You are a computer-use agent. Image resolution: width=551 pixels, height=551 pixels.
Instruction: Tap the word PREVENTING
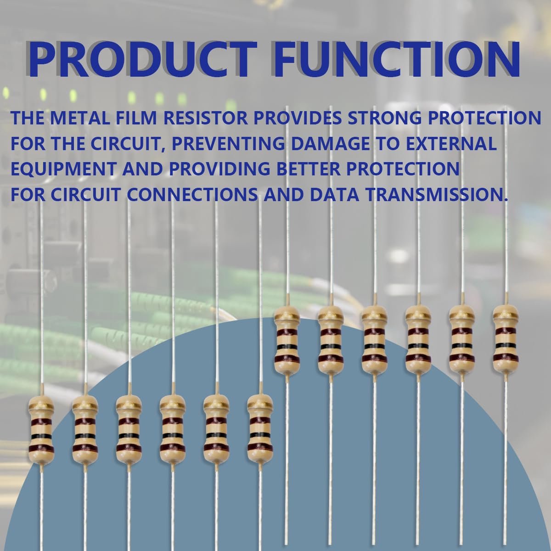[x=228, y=143]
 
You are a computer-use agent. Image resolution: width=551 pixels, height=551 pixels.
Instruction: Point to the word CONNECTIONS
[x=192, y=194]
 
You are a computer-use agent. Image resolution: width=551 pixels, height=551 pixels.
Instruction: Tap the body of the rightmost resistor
[x=506, y=339]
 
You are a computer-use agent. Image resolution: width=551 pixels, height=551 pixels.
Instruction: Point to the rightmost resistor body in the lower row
[x=260, y=428]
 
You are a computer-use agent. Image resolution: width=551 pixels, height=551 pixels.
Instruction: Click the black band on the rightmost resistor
[x=506, y=345]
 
